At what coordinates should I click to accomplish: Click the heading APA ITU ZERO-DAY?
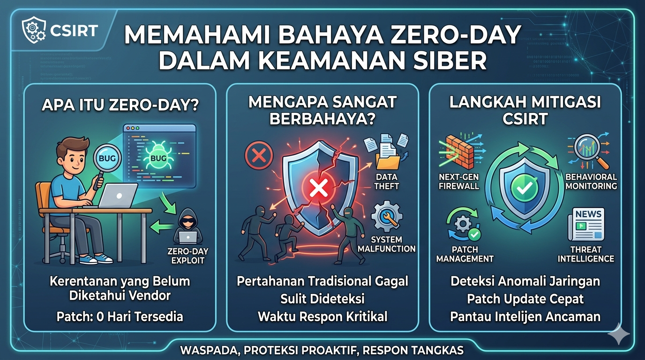[x=120, y=105]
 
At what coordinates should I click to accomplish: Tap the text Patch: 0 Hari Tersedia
[x=120, y=316]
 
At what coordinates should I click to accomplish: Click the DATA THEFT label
[x=387, y=181]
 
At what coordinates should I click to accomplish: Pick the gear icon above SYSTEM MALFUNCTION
[x=386, y=216]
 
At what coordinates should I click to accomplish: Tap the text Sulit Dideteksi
[x=322, y=299]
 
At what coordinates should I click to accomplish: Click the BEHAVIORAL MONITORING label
[x=591, y=181]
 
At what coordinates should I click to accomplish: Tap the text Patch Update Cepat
[x=525, y=299]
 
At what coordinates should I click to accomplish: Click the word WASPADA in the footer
[x=203, y=350]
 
